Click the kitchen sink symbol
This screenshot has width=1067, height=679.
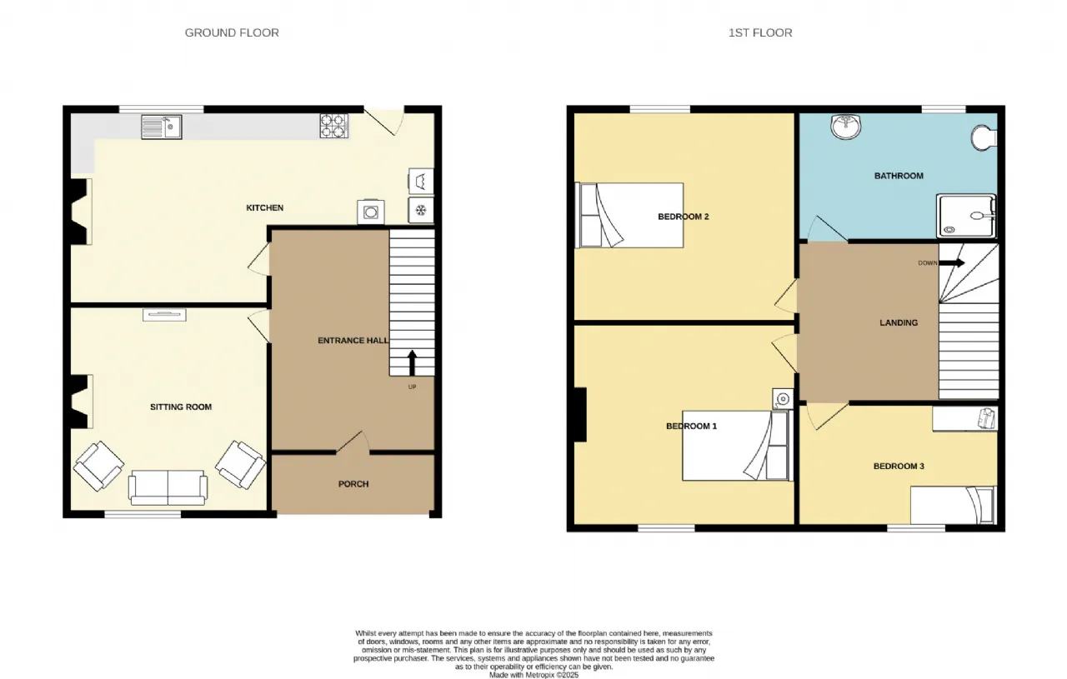pos(162,127)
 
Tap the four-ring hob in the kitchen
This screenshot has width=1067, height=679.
pos(333,126)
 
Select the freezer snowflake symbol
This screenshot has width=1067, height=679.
pos(421,210)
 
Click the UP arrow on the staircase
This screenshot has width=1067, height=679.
pos(412,363)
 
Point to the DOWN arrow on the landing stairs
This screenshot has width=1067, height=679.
pos(952,262)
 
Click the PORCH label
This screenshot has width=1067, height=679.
pos(353,484)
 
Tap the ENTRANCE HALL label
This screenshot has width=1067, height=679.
pos(353,341)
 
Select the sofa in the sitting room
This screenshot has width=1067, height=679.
pos(168,487)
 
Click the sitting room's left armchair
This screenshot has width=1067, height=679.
pos(98,467)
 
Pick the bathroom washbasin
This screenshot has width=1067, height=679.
pos(846,127)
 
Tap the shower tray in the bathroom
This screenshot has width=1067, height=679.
pos(966,216)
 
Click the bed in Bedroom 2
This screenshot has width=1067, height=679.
pos(629,215)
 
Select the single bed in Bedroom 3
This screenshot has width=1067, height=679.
pos(954,505)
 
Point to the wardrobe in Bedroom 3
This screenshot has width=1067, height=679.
pos(964,418)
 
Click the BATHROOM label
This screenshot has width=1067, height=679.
pos(899,176)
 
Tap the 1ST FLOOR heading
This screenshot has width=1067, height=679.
pos(760,32)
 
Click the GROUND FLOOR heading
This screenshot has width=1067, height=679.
pos(232,32)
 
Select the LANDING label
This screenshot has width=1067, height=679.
pos(899,322)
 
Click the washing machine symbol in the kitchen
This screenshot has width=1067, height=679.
pos(371,212)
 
